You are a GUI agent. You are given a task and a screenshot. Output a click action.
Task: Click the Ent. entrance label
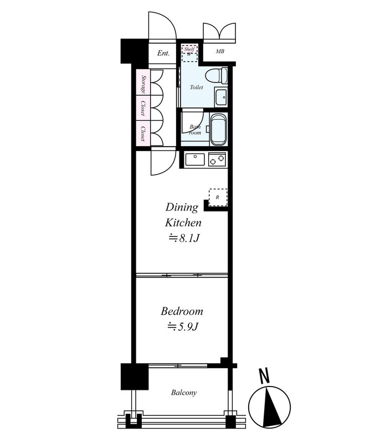pos(163,53)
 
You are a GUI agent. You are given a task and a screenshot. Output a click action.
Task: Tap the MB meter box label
pos(220,51)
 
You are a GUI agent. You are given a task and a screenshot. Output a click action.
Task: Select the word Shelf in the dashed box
pos(189,49)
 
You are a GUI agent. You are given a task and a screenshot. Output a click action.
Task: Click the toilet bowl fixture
pos(216,76)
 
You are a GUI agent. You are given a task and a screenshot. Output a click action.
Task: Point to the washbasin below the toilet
pos(220,97)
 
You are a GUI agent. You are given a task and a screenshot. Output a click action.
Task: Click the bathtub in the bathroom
pos(218,130)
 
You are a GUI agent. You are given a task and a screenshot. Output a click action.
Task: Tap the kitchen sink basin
pos(196,159)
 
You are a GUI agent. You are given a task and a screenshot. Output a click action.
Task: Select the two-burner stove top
pos(217,159)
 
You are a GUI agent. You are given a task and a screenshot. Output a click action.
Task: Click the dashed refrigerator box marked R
pos(218,198)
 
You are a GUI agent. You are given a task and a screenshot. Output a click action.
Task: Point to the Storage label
pos(144,85)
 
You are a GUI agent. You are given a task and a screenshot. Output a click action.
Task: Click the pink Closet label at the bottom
pos(143,134)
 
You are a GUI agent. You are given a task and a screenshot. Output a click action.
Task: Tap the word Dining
pos(182,208)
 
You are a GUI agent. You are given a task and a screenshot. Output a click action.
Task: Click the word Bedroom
pos(182,312)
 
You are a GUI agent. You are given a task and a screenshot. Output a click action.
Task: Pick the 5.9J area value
pos(183,327)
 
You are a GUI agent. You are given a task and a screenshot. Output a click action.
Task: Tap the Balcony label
pos(184,393)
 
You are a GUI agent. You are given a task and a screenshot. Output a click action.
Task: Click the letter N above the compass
pos(264,377)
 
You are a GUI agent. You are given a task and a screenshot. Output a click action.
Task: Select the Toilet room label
pos(197,87)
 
